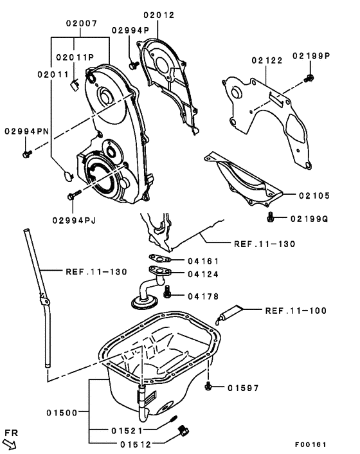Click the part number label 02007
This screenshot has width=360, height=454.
click(x=80, y=23)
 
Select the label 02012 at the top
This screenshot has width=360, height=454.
click(x=159, y=14)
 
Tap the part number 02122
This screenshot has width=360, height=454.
click(x=267, y=60)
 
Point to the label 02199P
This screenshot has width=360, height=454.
click(x=311, y=55)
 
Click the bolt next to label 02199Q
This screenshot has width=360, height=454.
click(x=272, y=219)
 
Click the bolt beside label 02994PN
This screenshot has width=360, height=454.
click(x=27, y=153)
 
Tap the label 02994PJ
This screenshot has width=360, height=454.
click(x=74, y=220)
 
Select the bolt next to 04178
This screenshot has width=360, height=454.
click(x=168, y=295)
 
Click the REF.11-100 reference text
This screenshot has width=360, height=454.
click(x=295, y=311)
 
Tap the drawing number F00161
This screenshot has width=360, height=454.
click(x=311, y=444)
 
